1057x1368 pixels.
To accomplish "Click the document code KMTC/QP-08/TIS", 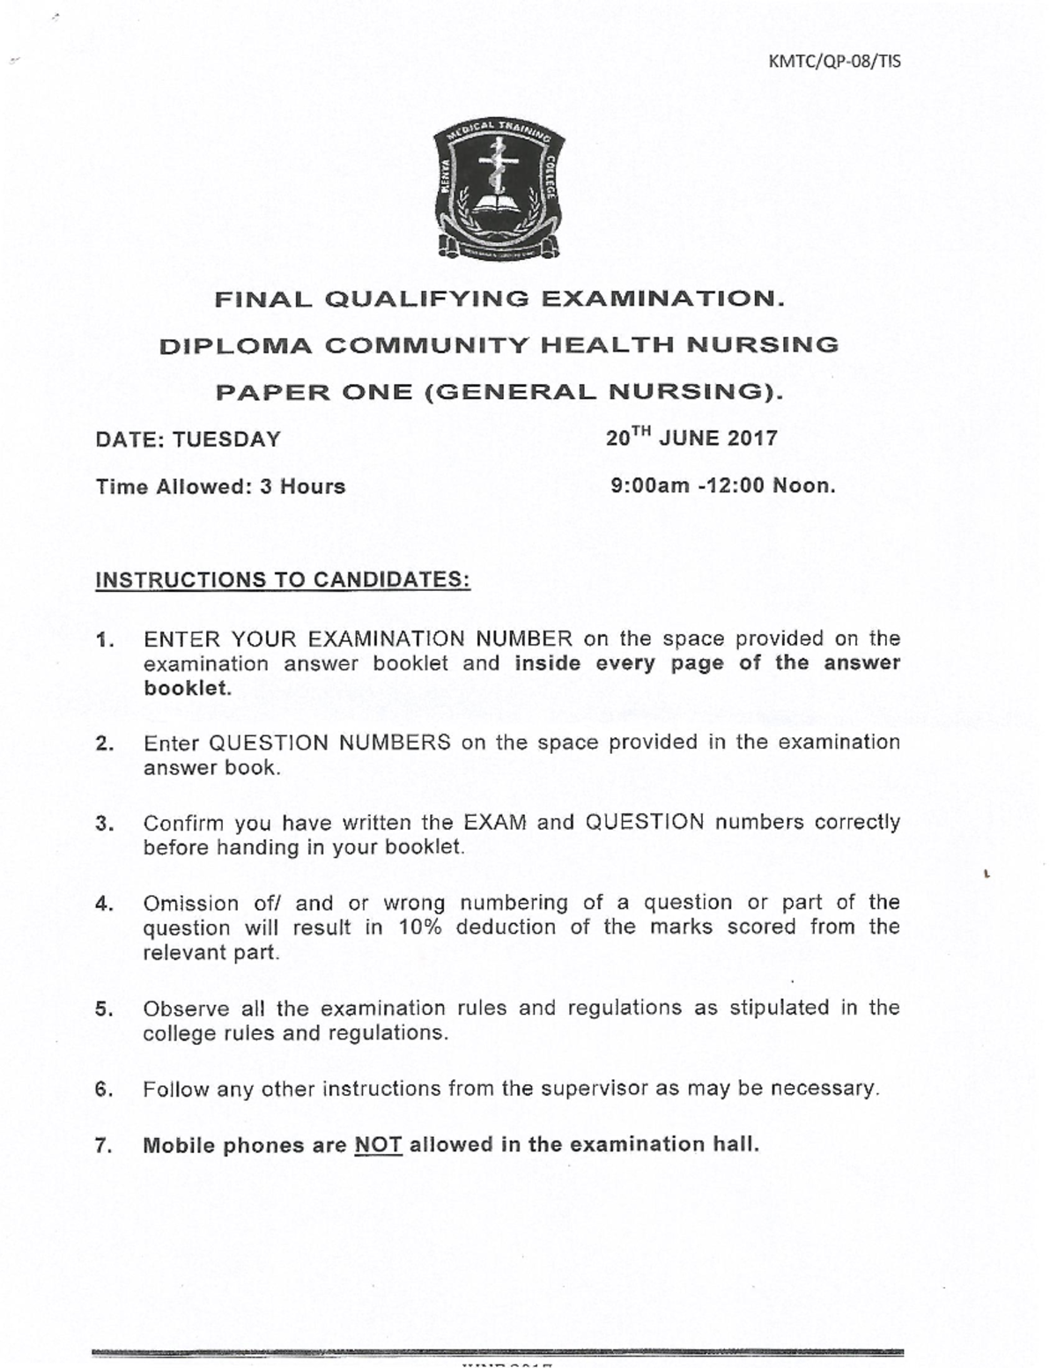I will [834, 62].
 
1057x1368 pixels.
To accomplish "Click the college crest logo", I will [499, 192].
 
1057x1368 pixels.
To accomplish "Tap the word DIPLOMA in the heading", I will [235, 345].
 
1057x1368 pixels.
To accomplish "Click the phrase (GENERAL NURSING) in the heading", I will [602, 392].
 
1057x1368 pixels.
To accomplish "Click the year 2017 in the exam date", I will [752, 439].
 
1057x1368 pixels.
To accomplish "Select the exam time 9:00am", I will [650, 486].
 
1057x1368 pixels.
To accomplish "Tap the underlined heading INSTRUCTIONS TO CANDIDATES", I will [283, 580].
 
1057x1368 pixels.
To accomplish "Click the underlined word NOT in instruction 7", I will [378, 1145].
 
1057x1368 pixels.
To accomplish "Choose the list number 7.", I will [104, 1146].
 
